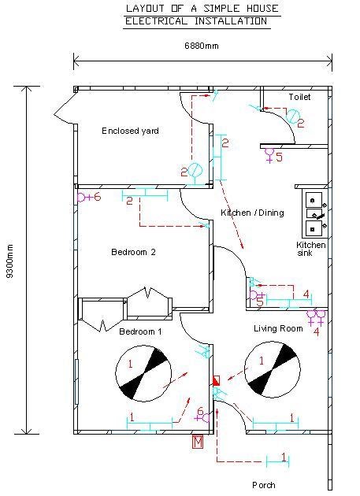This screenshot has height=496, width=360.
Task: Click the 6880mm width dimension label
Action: [202, 46]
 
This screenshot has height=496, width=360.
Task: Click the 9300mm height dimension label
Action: [10, 261]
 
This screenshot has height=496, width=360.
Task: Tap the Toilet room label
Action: [299, 97]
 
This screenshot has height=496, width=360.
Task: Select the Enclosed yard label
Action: [130, 131]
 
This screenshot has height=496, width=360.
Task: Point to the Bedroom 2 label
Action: [133, 252]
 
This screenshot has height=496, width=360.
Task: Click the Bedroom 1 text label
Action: [140, 331]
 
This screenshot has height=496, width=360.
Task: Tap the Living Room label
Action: [278, 328]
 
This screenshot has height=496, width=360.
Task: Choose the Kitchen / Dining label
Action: [252, 213]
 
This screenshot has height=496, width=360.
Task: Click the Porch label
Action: [263, 485]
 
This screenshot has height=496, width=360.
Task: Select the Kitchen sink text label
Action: [310, 249]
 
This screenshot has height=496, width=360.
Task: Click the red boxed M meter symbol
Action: [198, 442]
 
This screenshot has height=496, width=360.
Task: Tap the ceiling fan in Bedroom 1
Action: [143, 374]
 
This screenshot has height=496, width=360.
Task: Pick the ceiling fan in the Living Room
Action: [273, 369]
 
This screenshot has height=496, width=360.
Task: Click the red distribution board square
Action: [217, 380]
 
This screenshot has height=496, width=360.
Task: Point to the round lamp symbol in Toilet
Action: [292, 116]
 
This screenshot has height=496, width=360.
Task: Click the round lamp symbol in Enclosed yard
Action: [195, 171]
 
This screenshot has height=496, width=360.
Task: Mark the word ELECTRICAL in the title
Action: [156, 21]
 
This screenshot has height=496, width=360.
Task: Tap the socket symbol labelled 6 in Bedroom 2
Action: [82, 198]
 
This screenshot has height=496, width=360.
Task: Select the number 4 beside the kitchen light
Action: [306, 294]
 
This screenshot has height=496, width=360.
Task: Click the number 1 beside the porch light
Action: [284, 457]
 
